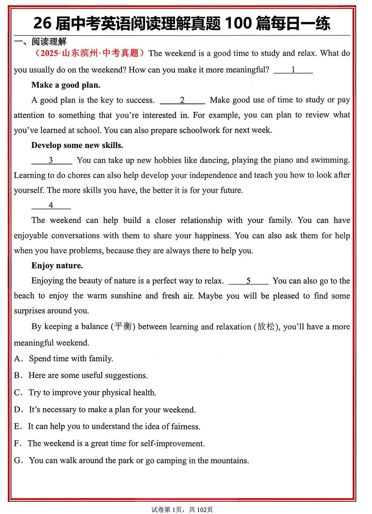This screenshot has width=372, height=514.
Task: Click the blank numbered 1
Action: coord(293,70)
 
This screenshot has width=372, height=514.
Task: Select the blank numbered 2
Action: coord(182,100)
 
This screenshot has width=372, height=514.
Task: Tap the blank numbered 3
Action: coord(51,160)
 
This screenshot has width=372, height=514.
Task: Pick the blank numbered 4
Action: coord(51,205)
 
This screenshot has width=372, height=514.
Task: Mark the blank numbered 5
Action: coord(248,281)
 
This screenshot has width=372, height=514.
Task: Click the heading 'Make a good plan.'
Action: coord(66,85)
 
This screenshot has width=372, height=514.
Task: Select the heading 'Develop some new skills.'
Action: coord(77,145)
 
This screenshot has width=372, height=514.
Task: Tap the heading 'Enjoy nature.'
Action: coord(57,266)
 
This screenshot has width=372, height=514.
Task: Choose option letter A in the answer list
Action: coord(18,359)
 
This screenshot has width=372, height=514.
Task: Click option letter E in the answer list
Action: coord(18,426)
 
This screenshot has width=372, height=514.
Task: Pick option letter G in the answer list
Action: coord(18,461)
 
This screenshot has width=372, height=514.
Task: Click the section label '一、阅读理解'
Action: coord(40,42)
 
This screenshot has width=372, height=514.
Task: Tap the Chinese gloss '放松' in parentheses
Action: coord(266,326)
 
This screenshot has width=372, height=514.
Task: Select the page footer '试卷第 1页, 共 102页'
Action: coord(182,510)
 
